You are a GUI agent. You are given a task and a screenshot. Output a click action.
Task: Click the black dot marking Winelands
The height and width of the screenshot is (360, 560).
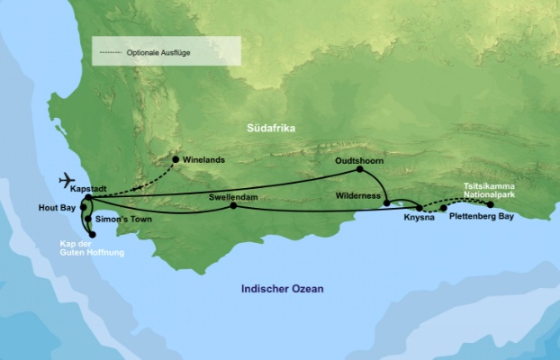click(x=176, y=160)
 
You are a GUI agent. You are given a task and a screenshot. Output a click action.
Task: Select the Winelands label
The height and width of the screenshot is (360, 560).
click(x=203, y=160)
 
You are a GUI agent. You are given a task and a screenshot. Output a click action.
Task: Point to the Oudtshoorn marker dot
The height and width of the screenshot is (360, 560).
click(x=359, y=169)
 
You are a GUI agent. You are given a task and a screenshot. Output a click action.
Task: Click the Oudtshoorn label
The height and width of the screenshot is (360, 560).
click(x=359, y=158)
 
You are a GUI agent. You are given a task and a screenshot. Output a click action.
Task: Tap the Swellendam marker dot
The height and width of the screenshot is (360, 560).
click(x=233, y=206)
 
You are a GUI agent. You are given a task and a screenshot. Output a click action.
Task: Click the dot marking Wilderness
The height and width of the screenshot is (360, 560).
click(x=386, y=203)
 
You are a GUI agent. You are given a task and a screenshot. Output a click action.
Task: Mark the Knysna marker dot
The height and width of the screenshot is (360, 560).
click(x=420, y=208)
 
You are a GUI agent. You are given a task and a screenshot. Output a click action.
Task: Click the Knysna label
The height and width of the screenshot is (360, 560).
click(x=419, y=219)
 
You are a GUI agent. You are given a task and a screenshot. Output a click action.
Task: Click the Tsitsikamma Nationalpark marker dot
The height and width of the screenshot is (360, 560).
click(x=491, y=204)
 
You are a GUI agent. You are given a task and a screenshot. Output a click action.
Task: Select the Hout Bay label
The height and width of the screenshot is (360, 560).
click(x=57, y=206)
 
